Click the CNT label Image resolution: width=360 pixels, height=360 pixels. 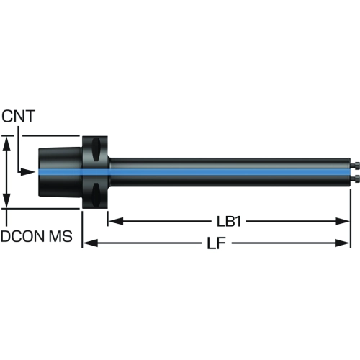click(x=18, y=116)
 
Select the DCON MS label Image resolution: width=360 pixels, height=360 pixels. click(x=37, y=236)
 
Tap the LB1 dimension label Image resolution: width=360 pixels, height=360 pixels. click(x=229, y=222)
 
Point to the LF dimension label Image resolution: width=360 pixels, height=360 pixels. click(x=217, y=243)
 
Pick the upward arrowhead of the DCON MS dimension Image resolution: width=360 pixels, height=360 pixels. click(x=7, y=143)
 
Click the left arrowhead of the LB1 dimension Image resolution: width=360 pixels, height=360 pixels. click(x=116, y=221)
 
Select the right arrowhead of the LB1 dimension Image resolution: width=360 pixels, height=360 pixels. click(x=343, y=221)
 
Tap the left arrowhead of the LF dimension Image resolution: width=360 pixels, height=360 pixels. click(x=90, y=243)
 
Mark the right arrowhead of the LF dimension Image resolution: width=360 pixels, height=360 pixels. click(x=343, y=243)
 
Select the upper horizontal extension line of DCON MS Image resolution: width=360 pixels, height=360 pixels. click(x=41, y=135)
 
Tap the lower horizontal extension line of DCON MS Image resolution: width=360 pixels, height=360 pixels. click(x=41, y=209)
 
